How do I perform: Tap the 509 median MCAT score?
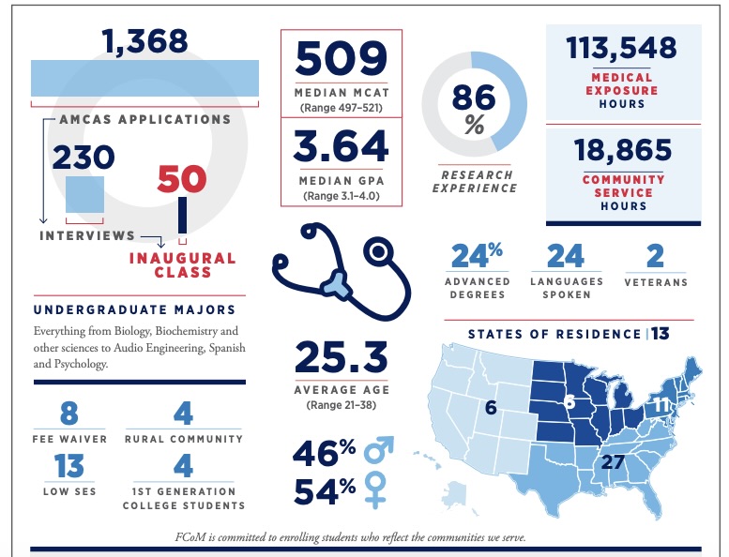342,59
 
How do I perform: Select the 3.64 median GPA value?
342,147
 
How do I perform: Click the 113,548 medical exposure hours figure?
622,47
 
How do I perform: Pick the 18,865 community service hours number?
622,150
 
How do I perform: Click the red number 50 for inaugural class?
181,179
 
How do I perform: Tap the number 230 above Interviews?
83,156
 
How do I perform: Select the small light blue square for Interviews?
84,196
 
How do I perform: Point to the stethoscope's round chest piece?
380,250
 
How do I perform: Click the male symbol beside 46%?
378,453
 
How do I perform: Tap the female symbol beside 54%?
376,490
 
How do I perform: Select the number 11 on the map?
662,405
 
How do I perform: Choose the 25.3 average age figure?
342,357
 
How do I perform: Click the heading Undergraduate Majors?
134,309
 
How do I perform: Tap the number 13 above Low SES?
68,464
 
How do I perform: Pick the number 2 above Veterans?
656,255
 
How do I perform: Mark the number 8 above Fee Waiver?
68,414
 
